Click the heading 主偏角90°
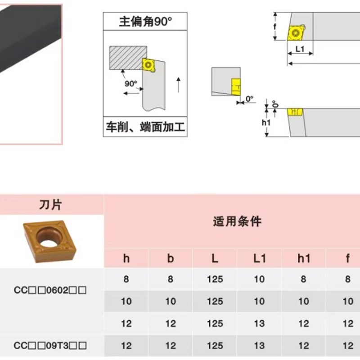(145, 22)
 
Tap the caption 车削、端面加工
(145, 127)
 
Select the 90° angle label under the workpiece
(130, 84)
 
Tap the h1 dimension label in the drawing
(265, 122)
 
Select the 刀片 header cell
(51, 205)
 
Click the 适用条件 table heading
(237, 221)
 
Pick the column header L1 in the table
(259, 258)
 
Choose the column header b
(171, 258)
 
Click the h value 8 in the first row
(126, 279)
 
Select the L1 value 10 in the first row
(259, 279)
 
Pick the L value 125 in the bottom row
(215, 346)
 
